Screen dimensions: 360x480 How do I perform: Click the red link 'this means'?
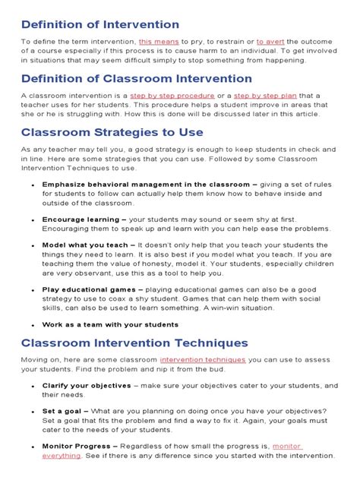pyautogui.click(x=159, y=41)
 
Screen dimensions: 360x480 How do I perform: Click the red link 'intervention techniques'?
pyautogui.click(x=203, y=359)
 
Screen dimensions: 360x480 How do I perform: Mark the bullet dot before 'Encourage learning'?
pyautogui.click(x=33, y=219)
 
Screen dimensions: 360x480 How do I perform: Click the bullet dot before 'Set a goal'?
pyautogui.click(x=33, y=412)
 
